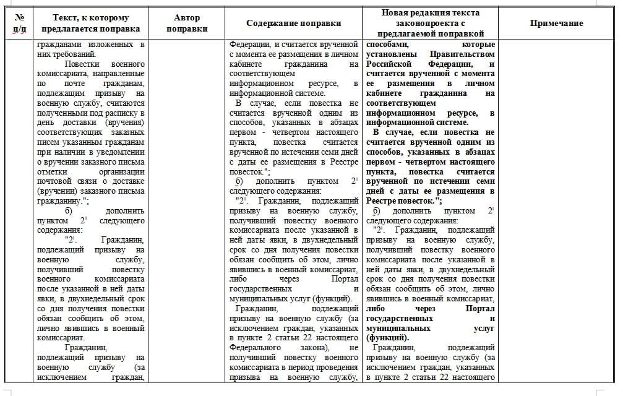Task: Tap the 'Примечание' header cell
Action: click(556, 24)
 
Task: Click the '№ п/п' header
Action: click(19, 24)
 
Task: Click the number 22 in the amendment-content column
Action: click(322, 338)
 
